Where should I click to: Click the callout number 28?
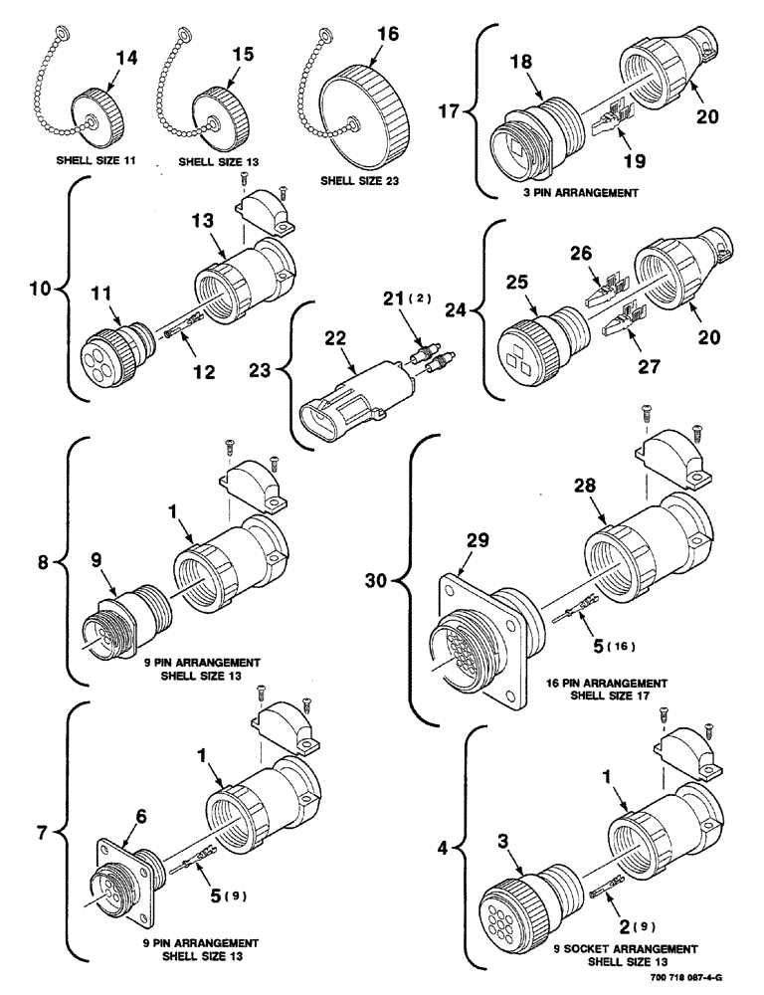coord(585,485)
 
